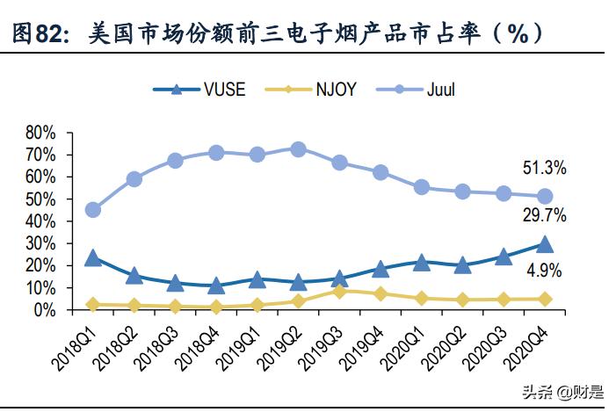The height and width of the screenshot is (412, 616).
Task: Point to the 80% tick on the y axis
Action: pyautogui.click(x=41, y=133)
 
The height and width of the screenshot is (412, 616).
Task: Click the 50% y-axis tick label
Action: pyautogui.click(x=41, y=199)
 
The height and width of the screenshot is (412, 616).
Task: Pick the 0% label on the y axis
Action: pyautogui.click(x=45, y=310)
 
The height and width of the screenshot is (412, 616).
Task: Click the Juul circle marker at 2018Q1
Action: pyautogui.click(x=92, y=209)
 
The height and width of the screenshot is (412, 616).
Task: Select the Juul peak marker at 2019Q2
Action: pyautogui.click(x=298, y=149)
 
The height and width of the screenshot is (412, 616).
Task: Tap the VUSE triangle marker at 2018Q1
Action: pyautogui.click(x=92, y=258)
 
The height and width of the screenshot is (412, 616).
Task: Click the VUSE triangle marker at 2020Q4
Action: pyautogui.click(x=545, y=245)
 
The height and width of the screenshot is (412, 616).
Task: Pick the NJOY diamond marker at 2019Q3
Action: pyautogui.click(x=339, y=291)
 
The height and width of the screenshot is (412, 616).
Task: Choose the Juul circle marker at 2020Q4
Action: pyautogui.click(x=545, y=196)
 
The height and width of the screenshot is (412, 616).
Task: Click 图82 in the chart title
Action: pyautogui.click(x=40, y=33)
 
